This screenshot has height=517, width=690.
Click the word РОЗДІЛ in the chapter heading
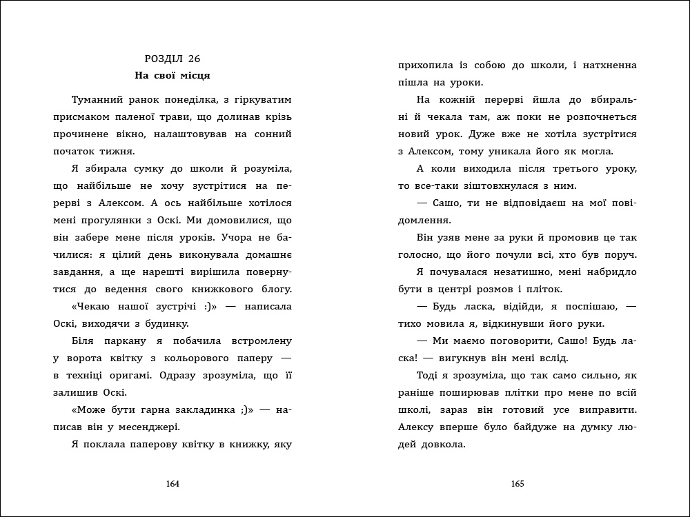[163, 59]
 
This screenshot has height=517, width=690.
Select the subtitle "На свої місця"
[173, 74]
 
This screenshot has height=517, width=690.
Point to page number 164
[173, 484]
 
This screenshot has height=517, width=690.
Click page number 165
[517, 484]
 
